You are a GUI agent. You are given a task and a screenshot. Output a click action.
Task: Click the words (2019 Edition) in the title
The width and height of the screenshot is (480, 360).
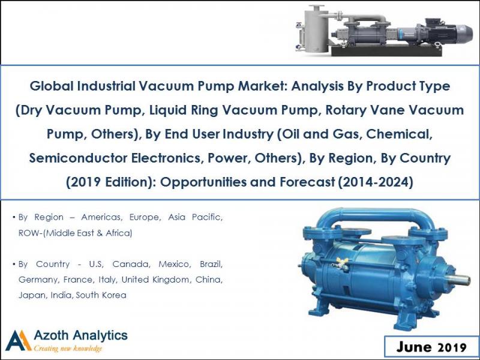(107, 182)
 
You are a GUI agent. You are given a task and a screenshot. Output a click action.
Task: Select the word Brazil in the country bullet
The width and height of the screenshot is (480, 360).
(208, 264)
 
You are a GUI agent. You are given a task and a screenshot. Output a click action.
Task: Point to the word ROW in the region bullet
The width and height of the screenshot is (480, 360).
(29, 232)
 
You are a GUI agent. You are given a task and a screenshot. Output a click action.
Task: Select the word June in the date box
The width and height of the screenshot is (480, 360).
(414, 347)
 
